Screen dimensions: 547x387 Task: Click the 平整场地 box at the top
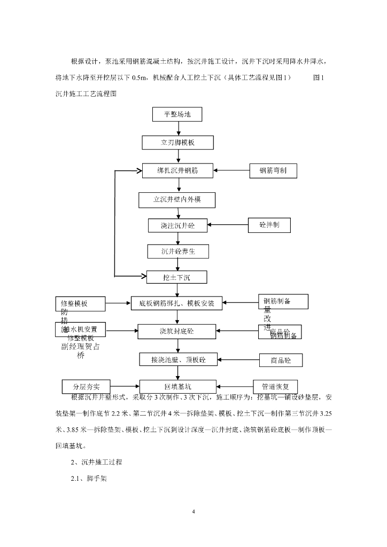[x=177, y=114]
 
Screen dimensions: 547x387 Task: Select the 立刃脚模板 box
[x=177, y=143]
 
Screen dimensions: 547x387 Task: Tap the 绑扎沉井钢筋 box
[x=177, y=171]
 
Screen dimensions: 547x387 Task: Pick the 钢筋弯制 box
[x=273, y=171]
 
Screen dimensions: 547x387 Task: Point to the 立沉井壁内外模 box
[x=177, y=200]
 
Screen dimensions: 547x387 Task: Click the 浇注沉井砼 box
[x=177, y=225]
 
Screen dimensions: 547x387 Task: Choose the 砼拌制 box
[x=269, y=225]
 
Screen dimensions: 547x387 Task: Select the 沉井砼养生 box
[x=177, y=251]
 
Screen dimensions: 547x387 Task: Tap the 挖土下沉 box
[x=177, y=277]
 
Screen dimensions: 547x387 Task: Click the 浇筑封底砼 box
[x=177, y=331]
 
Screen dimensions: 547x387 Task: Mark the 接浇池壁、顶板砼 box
[x=178, y=360]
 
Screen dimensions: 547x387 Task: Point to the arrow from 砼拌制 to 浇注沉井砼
[x=227, y=225]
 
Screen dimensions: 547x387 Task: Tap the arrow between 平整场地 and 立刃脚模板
[x=177, y=129]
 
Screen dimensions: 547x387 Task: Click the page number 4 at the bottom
[x=193, y=513]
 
